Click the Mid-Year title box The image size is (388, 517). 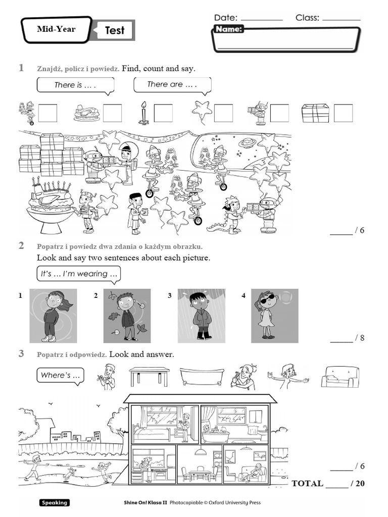coord(56,29)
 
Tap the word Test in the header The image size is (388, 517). coord(114,31)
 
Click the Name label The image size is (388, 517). coord(229,29)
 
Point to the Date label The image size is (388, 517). coord(225,18)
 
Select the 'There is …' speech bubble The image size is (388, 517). coord(75,85)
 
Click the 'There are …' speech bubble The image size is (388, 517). coord(172,85)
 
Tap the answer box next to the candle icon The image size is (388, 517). coord(163,113)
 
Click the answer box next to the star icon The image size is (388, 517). coord(223,113)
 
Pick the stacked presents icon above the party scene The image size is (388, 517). coord(315,113)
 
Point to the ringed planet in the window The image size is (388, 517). coord(248,143)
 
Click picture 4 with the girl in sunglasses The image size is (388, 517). coord(274,316)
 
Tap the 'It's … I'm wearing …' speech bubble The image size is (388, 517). coord(78,274)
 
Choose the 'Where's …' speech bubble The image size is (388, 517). coord(60,376)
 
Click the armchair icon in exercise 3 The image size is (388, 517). coord(340,377)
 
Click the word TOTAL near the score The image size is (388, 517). coord(307,483)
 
